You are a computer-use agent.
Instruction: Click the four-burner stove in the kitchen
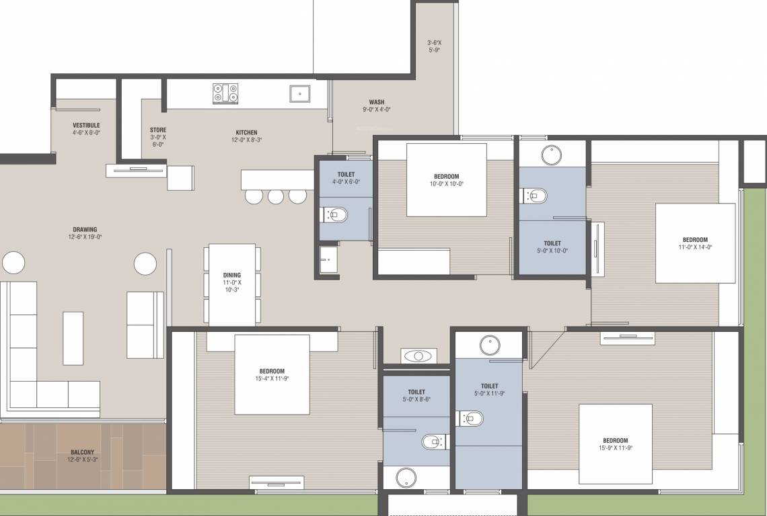225,93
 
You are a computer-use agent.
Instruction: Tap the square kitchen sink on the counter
299,93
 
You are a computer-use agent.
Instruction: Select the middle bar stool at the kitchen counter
276,196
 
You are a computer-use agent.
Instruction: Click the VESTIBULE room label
86,126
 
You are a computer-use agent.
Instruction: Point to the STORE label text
158,130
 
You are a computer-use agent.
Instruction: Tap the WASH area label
377,103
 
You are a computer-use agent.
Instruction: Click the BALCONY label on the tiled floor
83,452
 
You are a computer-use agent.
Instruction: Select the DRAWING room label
85,229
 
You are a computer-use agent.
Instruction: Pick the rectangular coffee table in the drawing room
73,337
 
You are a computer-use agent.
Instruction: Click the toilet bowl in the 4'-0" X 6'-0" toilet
336,215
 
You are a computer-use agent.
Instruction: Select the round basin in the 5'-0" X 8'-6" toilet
406,478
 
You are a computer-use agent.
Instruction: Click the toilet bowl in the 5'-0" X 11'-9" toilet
472,418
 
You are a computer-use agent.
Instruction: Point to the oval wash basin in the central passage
418,355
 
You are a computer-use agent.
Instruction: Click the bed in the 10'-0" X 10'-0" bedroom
447,179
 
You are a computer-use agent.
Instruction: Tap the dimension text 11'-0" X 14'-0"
695,247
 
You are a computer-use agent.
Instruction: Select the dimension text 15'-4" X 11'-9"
272,379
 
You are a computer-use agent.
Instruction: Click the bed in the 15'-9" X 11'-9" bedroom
616,443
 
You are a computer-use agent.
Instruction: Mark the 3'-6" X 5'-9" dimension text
434,46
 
